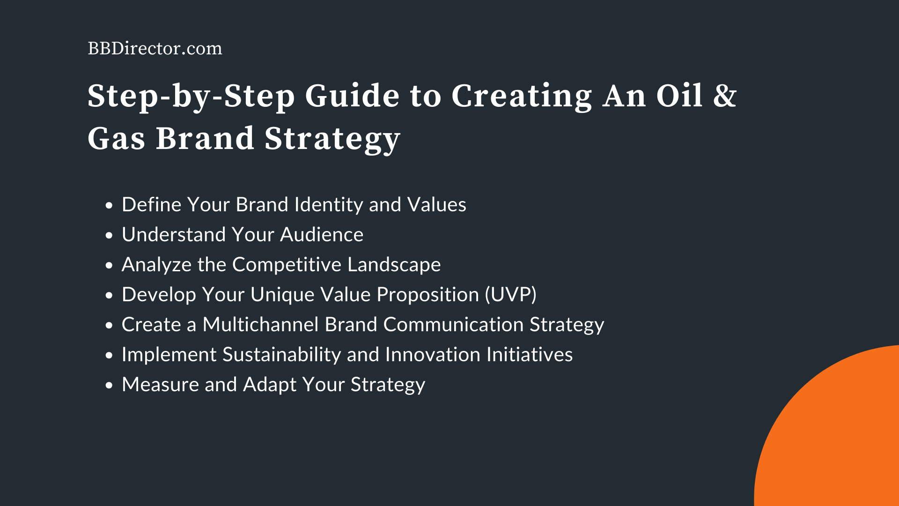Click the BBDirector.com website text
pyautogui.click(x=155, y=49)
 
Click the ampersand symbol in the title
pyautogui.click(x=725, y=96)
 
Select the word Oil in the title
pyautogui.click(x=679, y=96)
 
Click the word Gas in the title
pyautogui.click(x=116, y=139)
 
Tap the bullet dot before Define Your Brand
pyautogui.click(x=109, y=205)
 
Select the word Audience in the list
pyautogui.click(x=321, y=235)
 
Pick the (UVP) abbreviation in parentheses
pyautogui.click(x=510, y=295)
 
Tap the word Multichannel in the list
pyautogui.click(x=260, y=325)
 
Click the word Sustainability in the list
pyautogui.click(x=281, y=355)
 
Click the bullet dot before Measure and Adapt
pyautogui.click(x=109, y=385)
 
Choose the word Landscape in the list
pyautogui.click(x=394, y=265)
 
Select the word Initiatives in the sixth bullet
pyautogui.click(x=529, y=355)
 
